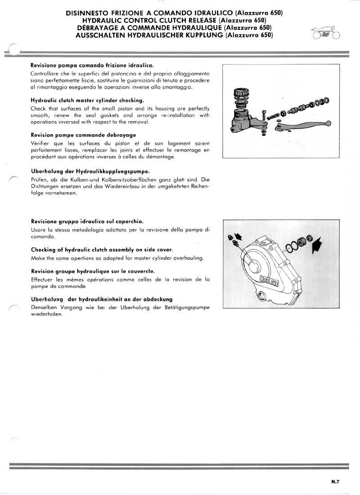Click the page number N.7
[335, 481]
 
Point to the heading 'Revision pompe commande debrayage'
[83, 135]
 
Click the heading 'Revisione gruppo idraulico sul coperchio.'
[87, 221]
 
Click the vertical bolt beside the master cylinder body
[265, 119]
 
